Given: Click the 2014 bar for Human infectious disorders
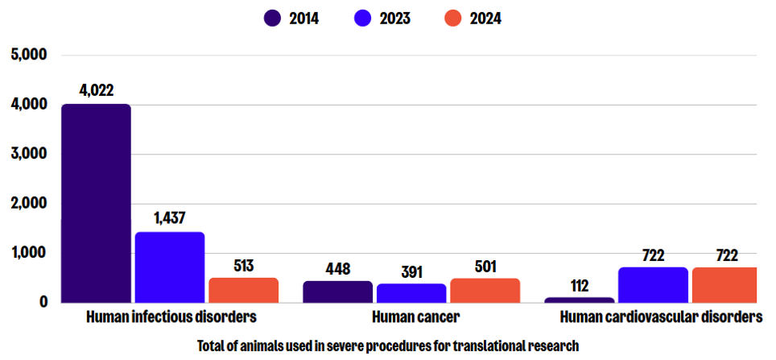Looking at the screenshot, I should coord(96,203).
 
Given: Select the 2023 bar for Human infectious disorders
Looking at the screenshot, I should coord(169,267).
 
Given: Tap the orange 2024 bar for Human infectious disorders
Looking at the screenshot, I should coord(243,290).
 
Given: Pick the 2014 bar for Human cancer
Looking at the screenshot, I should coord(337,292).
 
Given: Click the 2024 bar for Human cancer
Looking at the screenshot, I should coord(485,291).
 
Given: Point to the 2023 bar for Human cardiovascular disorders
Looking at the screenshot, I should coord(653,285).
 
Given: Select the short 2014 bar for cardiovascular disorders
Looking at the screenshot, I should coord(579,300).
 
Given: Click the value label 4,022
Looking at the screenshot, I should coord(96,90).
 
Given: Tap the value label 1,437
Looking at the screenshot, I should coord(169,218).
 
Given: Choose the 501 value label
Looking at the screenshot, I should coord(485,266).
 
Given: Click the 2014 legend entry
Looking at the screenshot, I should coord(292,18).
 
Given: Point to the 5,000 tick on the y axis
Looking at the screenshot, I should coord(30,55).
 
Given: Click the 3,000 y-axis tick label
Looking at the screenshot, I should coord(30,154).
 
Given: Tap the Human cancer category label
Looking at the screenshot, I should coord(411,317).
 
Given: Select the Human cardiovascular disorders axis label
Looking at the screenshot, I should coord(660,317).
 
